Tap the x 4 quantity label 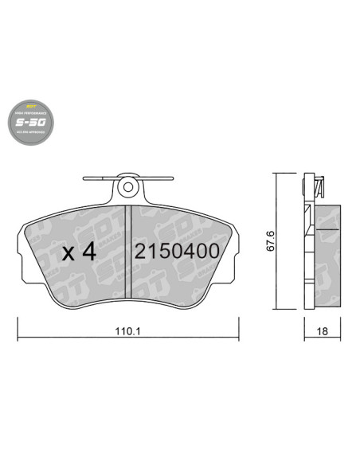pyautogui.click(x=79, y=253)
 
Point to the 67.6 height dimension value pyautogui.click(x=271, y=240)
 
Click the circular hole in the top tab pyautogui.click(x=127, y=189)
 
